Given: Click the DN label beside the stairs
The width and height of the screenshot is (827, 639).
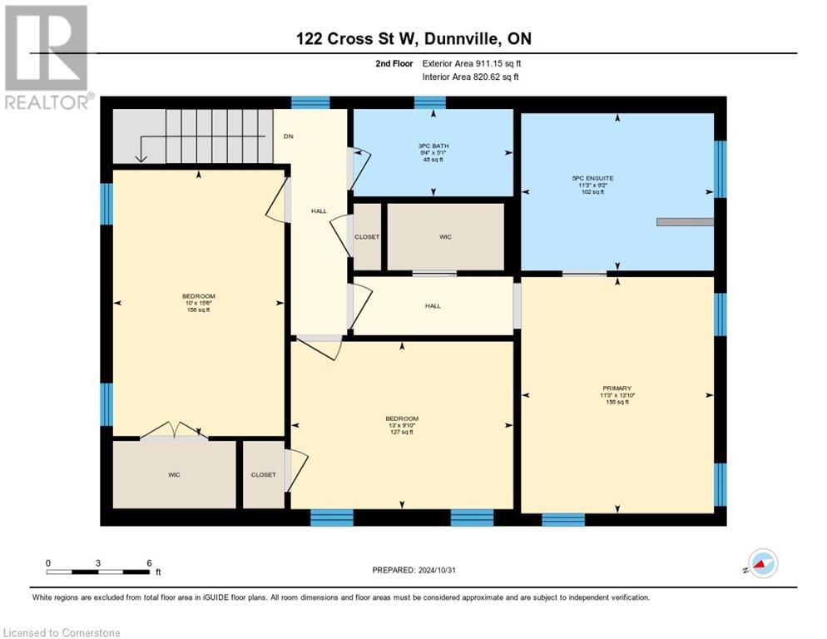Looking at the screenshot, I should tap(288, 136).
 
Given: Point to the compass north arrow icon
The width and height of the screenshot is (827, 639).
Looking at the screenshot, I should tap(761, 563).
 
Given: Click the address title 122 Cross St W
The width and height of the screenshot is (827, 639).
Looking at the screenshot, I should tap(413, 39).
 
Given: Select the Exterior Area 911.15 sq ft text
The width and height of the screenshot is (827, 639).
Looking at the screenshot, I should tap(472, 63).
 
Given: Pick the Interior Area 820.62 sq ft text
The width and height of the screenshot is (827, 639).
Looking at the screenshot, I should tap(472, 77).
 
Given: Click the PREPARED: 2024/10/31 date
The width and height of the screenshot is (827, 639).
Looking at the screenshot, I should tap(413, 570).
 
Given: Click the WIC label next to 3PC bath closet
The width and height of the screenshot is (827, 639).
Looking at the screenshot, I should tap(445, 237).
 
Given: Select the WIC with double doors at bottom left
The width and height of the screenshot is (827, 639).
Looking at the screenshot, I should tap(174, 474).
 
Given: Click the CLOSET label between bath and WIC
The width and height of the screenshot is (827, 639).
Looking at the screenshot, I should tap(367, 237).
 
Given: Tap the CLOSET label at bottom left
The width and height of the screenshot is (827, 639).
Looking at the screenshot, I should tap(263, 474).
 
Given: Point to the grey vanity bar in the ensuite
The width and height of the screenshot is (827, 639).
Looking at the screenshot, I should tap(685, 222).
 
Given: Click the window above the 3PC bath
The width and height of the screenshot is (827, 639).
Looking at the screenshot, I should tap(429, 102).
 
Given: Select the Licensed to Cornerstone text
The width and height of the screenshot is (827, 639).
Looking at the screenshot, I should tap(62, 633).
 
